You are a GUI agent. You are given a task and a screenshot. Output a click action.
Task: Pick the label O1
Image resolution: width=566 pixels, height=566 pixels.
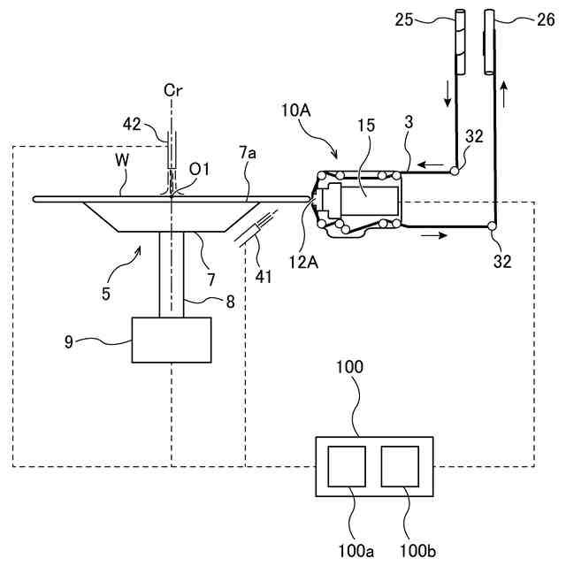200,169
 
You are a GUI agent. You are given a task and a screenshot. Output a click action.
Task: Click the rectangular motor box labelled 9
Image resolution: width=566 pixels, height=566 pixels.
171,339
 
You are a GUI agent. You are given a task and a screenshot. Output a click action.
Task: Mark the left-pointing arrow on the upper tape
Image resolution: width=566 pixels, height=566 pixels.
430,164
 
